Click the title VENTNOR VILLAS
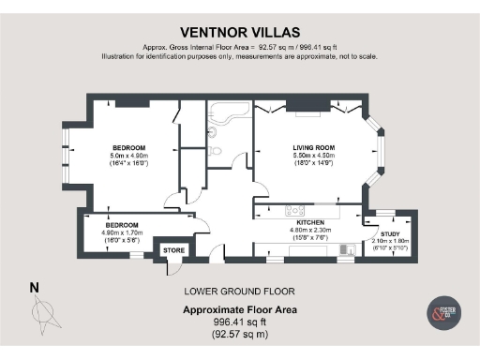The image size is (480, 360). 239,30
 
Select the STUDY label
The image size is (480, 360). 388,233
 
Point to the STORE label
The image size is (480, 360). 173,250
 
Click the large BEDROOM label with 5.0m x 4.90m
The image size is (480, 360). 128,148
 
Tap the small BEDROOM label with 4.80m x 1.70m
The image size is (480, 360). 122,226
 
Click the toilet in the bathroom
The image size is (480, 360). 215,149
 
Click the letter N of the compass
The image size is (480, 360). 35,287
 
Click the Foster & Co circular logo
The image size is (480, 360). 442,313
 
